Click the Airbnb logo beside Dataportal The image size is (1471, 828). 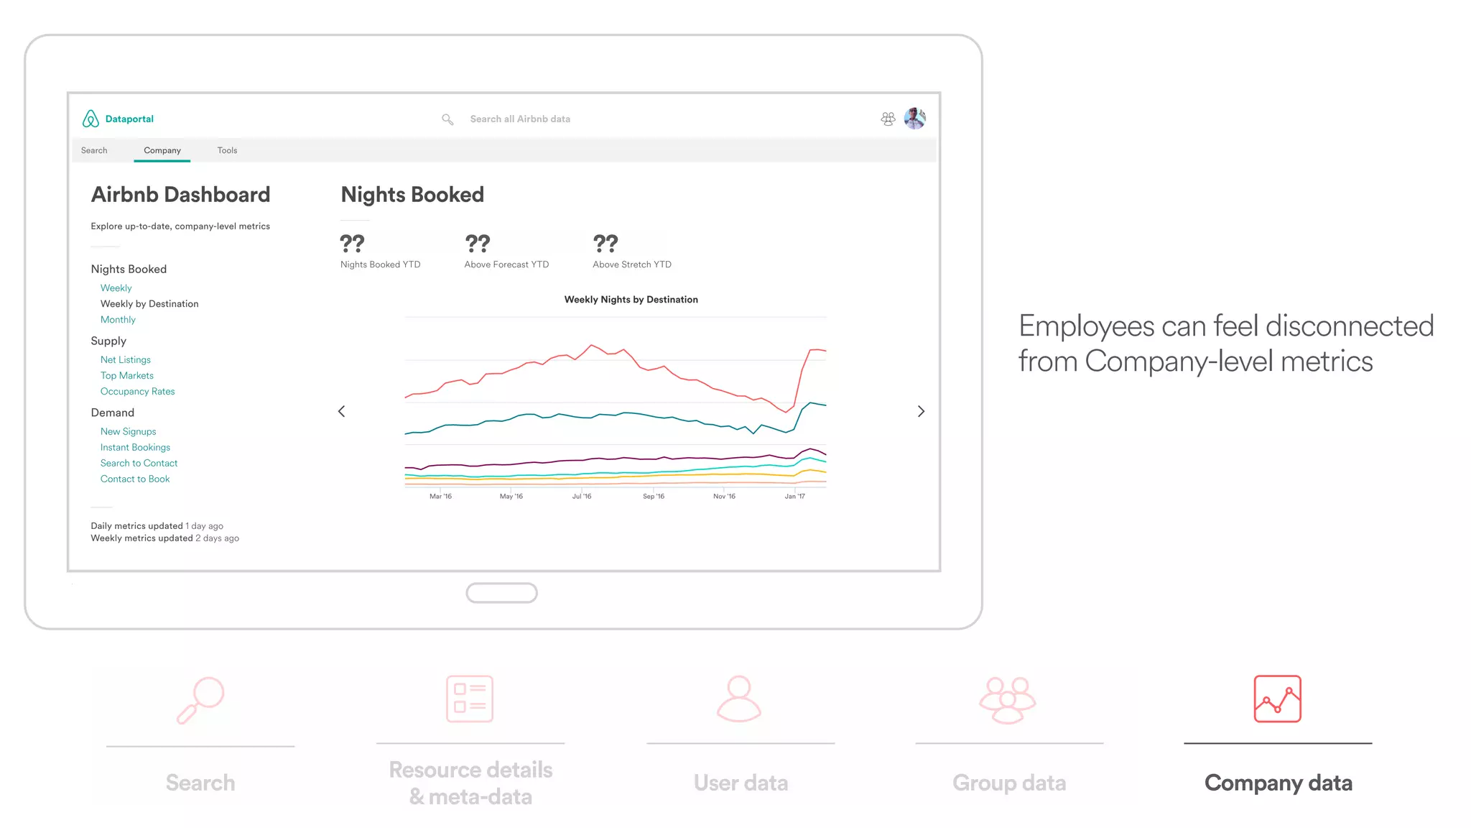point(91,119)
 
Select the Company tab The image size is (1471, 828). point(162,150)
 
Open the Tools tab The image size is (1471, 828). point(227,150)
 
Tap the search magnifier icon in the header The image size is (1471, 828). point(447,119)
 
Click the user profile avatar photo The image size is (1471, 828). point(914,119)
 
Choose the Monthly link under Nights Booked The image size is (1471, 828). point(118,320)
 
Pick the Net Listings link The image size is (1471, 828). point(126,360)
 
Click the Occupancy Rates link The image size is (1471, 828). point(138,392)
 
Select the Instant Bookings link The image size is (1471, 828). point(135,448)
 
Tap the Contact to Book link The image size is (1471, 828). point(135,479)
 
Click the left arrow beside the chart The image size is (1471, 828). point(342,411)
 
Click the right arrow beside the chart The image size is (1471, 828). point(921,411)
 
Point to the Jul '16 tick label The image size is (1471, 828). point(582,497)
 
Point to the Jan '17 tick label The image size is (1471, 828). point(794,497)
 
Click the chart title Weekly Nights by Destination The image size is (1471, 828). point(631,300)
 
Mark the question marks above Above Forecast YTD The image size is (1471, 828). point(478,244)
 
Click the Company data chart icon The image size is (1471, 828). point(1277,699)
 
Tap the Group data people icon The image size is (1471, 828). point(1008,699)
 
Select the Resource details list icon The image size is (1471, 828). point(470,699)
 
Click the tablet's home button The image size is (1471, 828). point(501,593)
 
